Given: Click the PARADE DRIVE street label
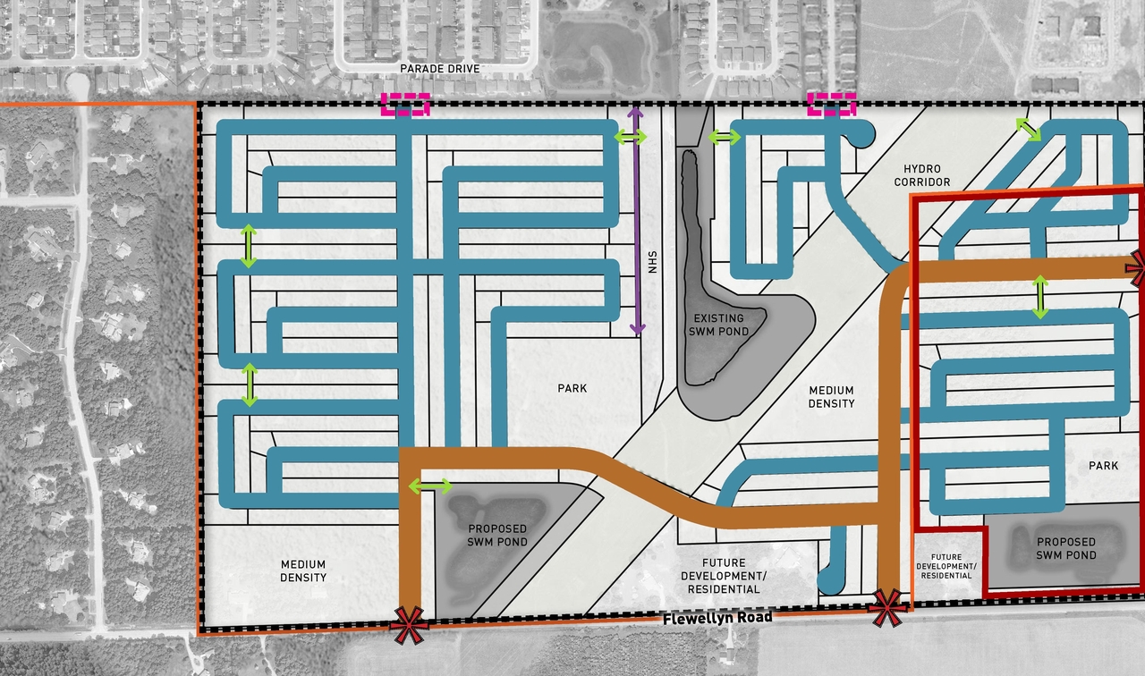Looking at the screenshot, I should [440, 69].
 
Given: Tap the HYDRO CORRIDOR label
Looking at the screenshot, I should [926, 175].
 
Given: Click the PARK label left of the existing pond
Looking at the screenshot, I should [572, 388].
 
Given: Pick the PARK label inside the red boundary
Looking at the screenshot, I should [1104, 466].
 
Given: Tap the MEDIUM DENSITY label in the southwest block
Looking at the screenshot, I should [302, 571].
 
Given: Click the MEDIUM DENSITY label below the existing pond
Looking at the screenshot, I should [831, 397].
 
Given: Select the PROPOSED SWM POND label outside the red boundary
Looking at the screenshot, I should [497, 536].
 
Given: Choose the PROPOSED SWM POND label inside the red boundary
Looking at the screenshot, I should [1065, 548].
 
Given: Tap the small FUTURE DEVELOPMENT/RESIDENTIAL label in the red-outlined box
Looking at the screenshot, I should [946, 565].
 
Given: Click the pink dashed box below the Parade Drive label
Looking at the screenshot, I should [406, 105].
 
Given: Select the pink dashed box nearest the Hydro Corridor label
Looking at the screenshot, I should [831, 105].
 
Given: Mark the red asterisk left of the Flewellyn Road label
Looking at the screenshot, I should [408, 625].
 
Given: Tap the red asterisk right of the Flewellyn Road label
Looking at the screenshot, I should [886, 608].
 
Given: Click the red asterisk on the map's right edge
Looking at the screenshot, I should [1138, 267].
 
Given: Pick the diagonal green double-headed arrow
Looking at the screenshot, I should [1028, 129].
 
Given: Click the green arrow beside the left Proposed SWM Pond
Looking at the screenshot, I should [430, 486].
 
